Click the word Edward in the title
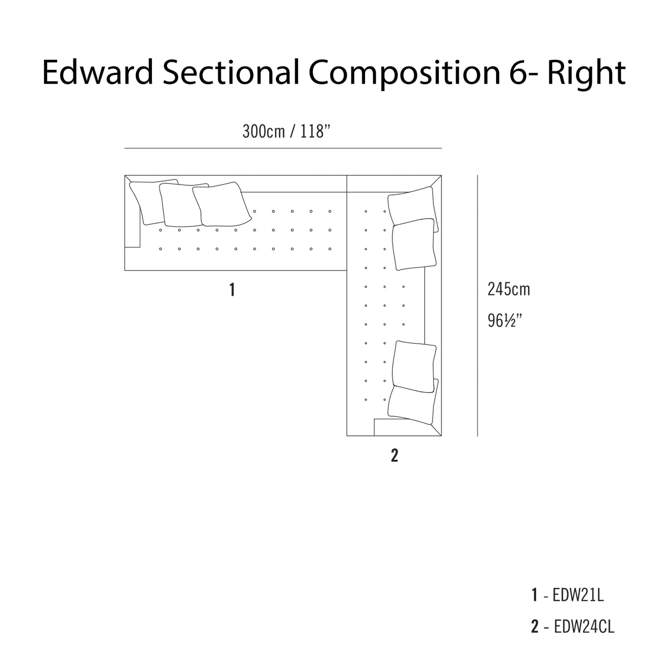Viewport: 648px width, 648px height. (x=97, y=72)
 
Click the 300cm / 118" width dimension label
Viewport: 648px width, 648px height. (x=286, y=132)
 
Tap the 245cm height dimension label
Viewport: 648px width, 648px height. (x=508, y=289)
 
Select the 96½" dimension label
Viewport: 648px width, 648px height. (x=505, y=320)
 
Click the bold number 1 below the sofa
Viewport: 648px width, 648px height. (x=232, y=290)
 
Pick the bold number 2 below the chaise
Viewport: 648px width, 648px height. (x=394, y=456)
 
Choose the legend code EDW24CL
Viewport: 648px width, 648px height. (x=584, y=626)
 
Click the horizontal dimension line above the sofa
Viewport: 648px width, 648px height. (x=283, y=148)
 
